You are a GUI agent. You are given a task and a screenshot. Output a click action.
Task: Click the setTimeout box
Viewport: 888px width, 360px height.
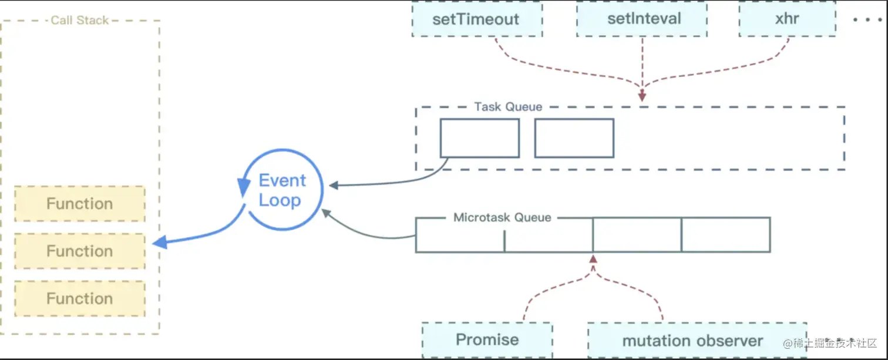[476, 19]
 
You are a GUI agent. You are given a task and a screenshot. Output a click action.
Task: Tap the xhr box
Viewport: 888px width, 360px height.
[787, 19]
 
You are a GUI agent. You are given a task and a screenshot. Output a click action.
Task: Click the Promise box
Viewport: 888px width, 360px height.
[487, 340]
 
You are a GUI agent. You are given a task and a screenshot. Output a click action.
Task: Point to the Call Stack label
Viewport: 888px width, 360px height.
[79, 20]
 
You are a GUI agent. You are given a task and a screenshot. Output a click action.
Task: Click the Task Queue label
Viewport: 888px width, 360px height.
[508, 107]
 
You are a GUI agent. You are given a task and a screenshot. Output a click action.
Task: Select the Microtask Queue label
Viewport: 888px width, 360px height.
[502, 217]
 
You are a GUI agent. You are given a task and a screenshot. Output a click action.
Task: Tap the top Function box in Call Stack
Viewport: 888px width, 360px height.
[80, 204]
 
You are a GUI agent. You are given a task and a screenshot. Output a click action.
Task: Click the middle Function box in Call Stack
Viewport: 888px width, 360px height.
[80, 251]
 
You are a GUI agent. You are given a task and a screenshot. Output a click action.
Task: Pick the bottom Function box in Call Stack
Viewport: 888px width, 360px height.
[80, 298]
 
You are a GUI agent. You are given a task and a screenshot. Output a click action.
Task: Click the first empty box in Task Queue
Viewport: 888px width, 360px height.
[480, 138]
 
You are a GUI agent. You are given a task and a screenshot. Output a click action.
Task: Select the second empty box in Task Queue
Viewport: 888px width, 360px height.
[574, 138]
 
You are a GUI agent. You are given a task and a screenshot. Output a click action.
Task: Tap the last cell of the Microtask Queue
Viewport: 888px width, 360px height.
[725, 235]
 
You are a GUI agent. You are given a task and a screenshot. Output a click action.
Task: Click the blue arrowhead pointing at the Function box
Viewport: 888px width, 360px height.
[158, 242]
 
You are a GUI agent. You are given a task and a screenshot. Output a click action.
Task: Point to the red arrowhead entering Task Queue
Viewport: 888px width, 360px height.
[642, 96]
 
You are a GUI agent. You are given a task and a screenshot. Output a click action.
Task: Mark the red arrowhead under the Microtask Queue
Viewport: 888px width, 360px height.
[593, 259]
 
